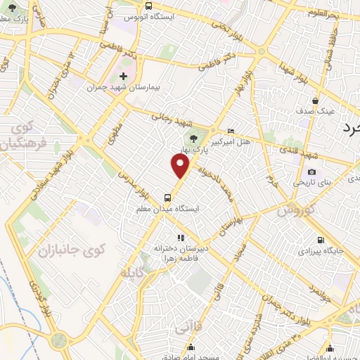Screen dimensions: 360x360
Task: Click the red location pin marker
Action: click(181, 166)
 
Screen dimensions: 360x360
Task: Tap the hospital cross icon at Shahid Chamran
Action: click(124, 75)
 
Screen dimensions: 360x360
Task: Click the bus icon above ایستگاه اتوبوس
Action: click(148, 5)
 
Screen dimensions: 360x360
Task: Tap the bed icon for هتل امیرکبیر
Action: click(231, 131)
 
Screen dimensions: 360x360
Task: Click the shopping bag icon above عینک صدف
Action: click(316, 100)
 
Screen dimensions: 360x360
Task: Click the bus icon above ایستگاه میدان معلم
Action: click(167, 198)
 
